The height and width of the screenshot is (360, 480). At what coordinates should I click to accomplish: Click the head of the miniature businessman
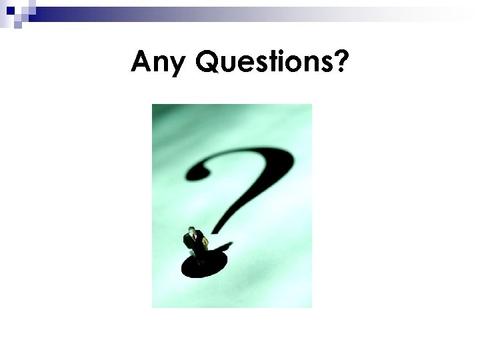click(x=191, y=231)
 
